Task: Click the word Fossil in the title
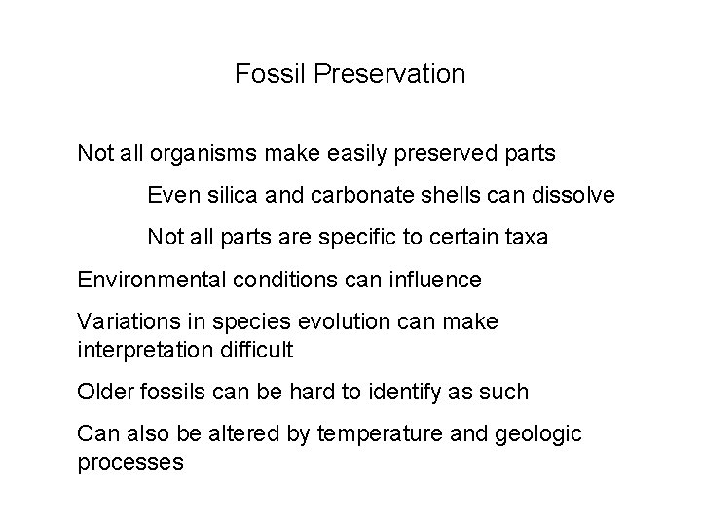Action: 263,74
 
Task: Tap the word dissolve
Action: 575,196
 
